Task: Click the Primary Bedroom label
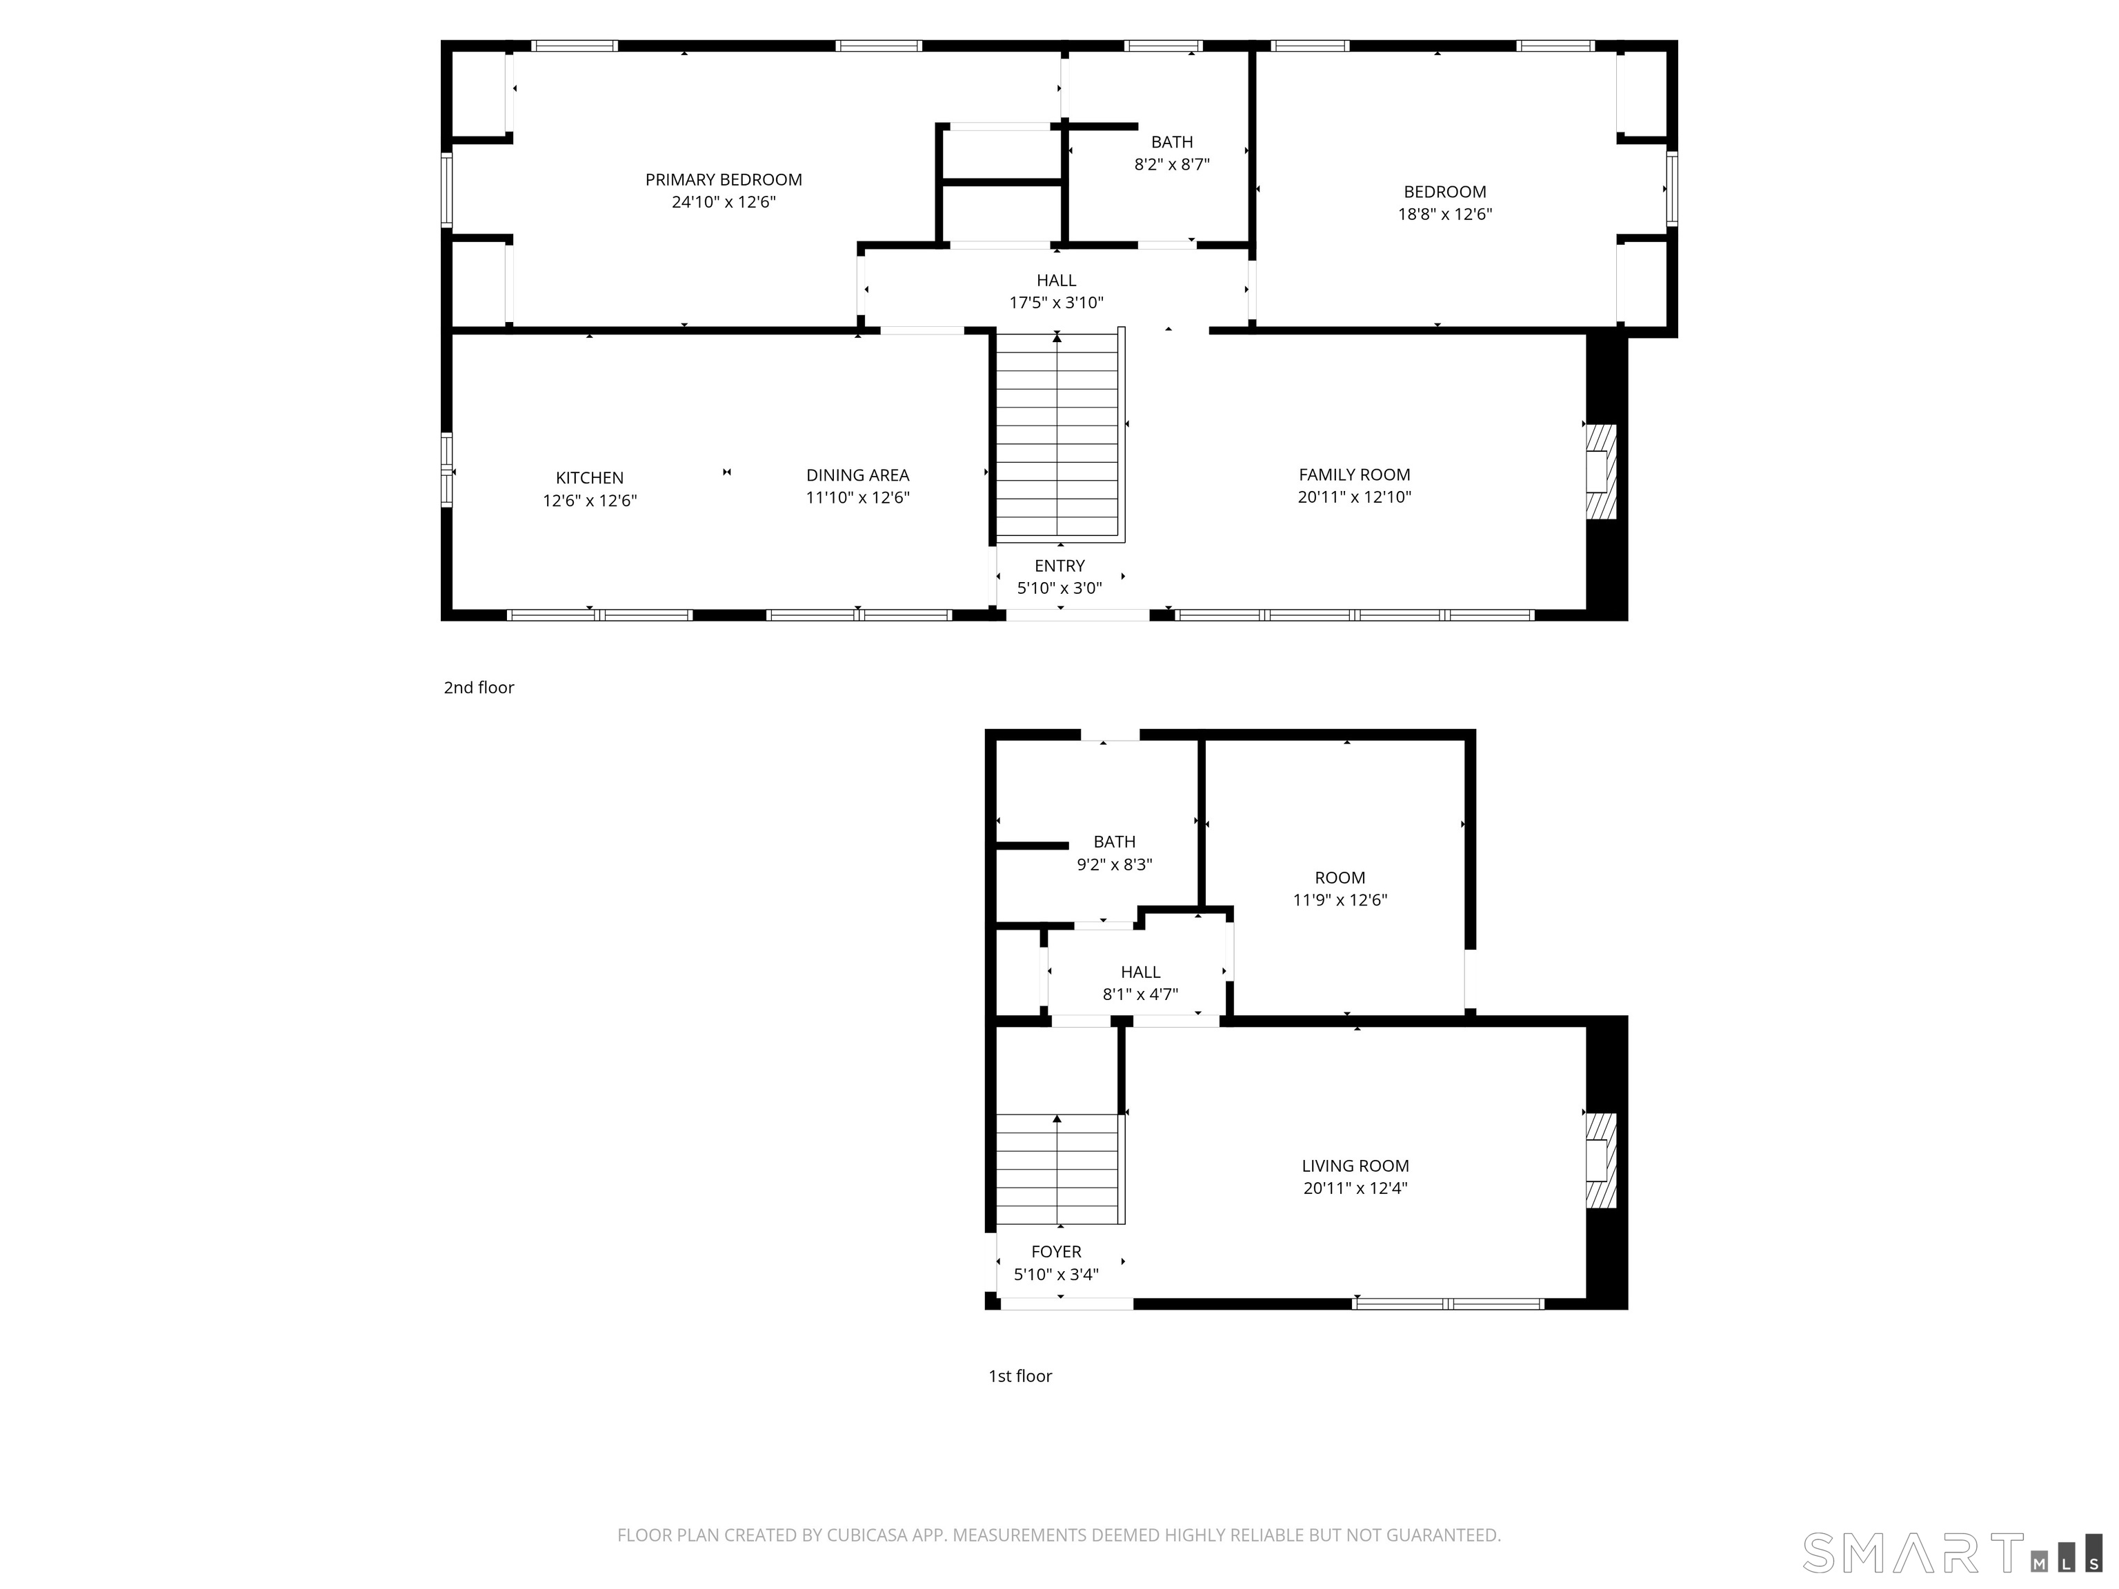(724, 180)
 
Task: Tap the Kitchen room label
(589, 478)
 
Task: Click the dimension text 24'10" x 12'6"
(724, 202)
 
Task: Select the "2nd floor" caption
(479, 688)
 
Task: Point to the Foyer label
(1057, 1252)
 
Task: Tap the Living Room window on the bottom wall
(1449, 1303)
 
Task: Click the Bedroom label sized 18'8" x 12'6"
(1444, 192)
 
